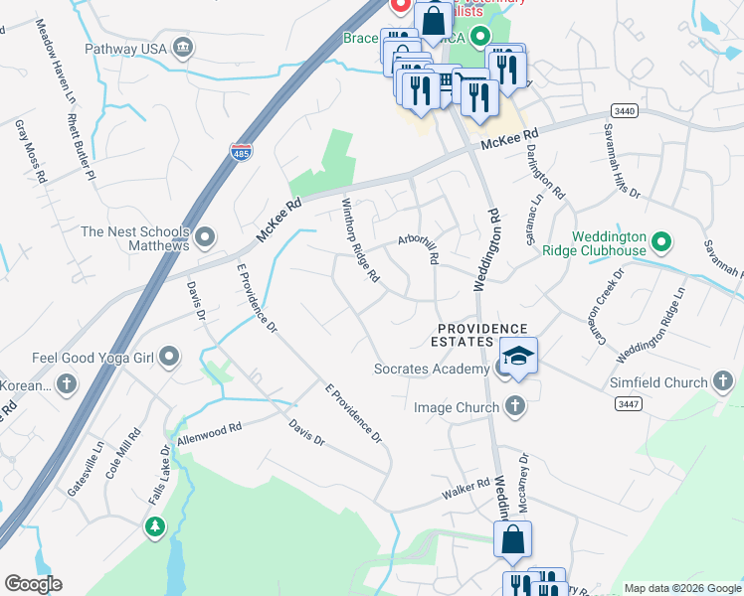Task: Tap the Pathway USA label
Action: [123, 47]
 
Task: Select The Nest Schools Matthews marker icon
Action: [206, 237]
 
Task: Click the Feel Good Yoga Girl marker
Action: [169, 356]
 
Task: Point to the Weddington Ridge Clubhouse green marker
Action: [661, 241]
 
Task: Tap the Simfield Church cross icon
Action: [723, 381]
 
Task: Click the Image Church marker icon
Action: [514, 405]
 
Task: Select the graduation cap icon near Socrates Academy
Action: [518, 355]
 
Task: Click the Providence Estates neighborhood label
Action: [483, 335]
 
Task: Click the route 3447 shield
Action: [628, 402]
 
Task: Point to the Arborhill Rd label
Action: [420, 247]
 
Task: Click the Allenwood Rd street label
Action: [209, 433]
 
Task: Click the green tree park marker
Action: [154, 526]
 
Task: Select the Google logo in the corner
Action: [33, 584]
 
